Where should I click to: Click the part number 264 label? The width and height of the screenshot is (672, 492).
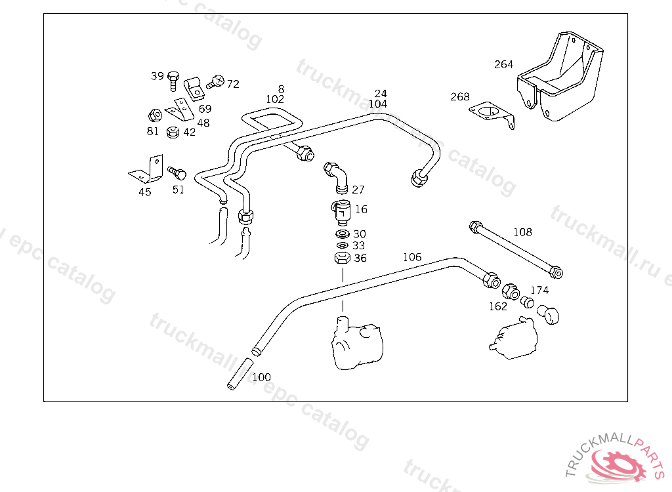click(x=503, y=64)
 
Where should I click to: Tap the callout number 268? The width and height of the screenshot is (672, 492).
click(x=460, y=97)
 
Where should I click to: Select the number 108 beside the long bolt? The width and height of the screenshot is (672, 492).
click(x=522, y=232)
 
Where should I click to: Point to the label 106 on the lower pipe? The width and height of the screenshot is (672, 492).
click(x=412, y=257)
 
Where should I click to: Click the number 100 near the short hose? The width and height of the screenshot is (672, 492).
click(x=261, y=377)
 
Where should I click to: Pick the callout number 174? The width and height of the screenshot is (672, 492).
click(x=539, y=290)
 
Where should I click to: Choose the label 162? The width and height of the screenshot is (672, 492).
click(x=498, y=306)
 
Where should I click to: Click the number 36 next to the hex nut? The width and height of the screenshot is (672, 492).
click(x=360, y=258)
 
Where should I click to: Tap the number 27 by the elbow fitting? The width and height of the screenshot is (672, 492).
click(x=358, y=190)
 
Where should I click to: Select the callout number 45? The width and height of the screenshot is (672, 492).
click(x=144, y=192)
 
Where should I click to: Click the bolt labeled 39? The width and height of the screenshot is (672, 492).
click(x=173, y=80)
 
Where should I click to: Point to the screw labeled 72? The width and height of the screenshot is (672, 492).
click(x=213, y=83)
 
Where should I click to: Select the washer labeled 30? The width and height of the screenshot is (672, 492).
click(x=342, y=234)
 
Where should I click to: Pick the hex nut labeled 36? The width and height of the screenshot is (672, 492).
click(x=342, y=258)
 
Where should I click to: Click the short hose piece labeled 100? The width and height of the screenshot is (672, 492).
click(x=240, y=374)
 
